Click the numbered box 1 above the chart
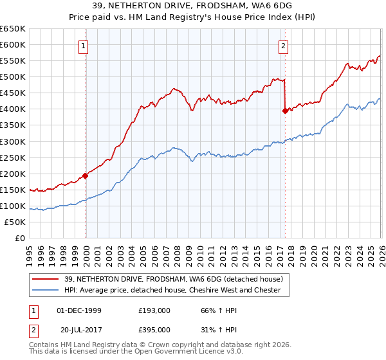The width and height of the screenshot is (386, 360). (x=84, y=45)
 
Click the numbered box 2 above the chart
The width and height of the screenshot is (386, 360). (x=284, y=45)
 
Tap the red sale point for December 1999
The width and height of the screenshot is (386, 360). (x=86, y=175)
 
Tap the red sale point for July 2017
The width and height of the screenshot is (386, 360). (x=285, y=111)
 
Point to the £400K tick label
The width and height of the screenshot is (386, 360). (x=13, y=109)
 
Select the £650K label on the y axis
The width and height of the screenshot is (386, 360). (x=13, y=29)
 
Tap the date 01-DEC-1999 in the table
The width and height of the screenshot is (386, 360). (x=79, y=310)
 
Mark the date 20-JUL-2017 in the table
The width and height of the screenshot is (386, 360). (x=79, y=330)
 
